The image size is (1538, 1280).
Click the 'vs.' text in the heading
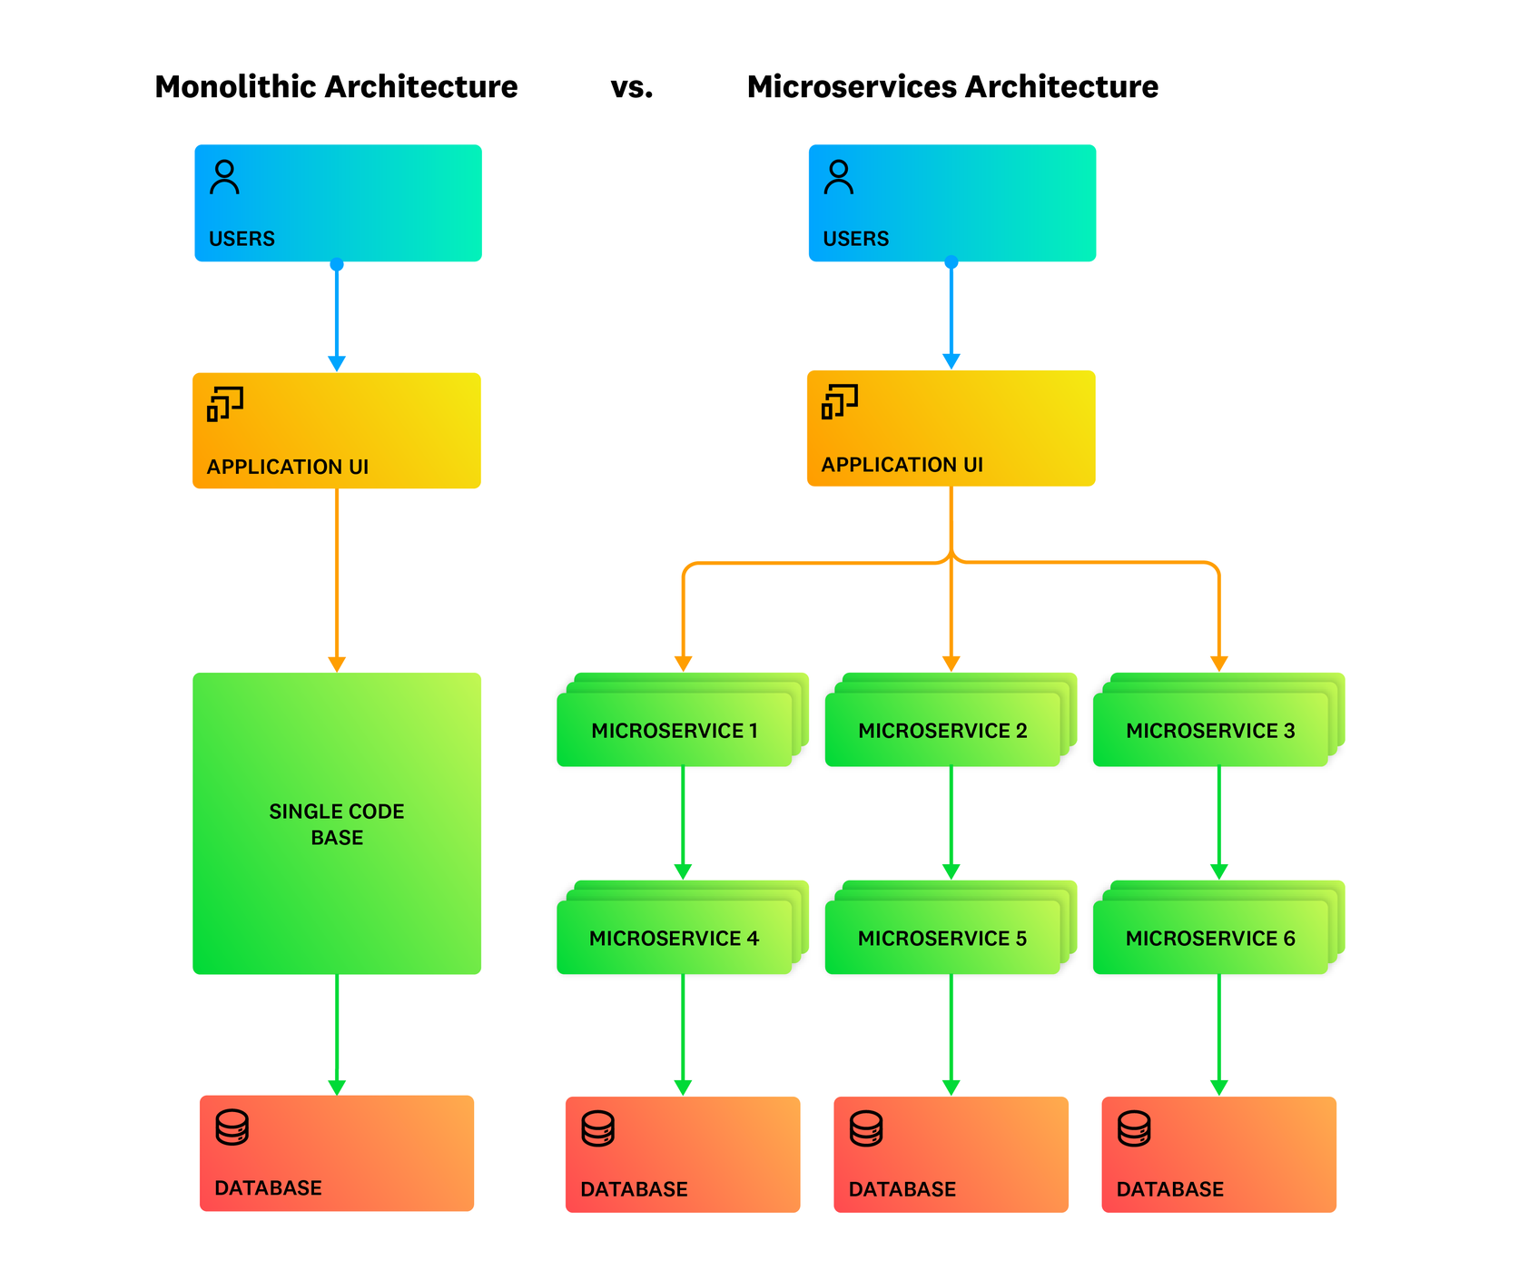click(631, 87)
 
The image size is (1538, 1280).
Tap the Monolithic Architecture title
click(336, 87)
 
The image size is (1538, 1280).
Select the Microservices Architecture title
click(951, 87)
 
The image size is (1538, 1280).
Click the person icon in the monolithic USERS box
click(224, 178)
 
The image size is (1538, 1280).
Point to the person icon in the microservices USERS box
click(838, 178)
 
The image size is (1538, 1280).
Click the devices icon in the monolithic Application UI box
click(224, 404)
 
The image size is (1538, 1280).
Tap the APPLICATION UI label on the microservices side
click(902, 465)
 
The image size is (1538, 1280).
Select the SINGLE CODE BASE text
click(337, 824)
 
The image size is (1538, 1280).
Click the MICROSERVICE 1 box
click(675, 731)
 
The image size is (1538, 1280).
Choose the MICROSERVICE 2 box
click(942, 731)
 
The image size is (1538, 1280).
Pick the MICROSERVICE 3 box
click(1210, 731)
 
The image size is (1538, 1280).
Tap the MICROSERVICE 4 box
click(675, 938)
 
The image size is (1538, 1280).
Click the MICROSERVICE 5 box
click(942, 938)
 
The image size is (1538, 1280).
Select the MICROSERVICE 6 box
click(1210, 938)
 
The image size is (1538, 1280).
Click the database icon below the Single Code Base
click(232, 1127)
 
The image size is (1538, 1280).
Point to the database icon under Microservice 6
click(1134, 1129)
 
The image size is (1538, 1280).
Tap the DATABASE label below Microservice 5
click(902, 1189)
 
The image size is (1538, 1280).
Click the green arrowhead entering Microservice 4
click(683, 871)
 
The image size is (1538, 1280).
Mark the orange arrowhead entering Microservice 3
click(1218, 664)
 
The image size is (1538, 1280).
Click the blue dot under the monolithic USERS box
click(337, 264)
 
